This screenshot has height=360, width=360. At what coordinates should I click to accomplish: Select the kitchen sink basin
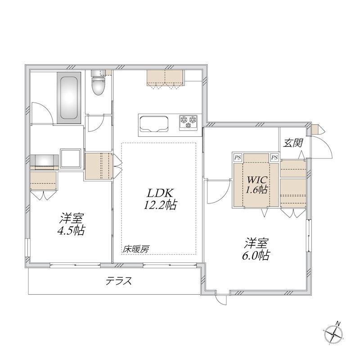(153, 123)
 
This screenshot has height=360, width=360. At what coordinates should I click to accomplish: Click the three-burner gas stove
(189, 121)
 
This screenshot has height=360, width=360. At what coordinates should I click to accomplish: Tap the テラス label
(119, 281)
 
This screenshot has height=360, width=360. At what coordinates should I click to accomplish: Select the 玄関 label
(292, 144)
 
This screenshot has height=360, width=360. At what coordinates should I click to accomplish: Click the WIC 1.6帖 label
(256, 183)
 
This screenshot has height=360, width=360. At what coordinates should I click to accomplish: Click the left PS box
(237, 157)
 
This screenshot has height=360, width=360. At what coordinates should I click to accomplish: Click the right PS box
(274, 157)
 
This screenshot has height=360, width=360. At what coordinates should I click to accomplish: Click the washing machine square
(71, 158)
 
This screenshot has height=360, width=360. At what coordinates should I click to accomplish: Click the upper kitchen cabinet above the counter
(165, 77)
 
